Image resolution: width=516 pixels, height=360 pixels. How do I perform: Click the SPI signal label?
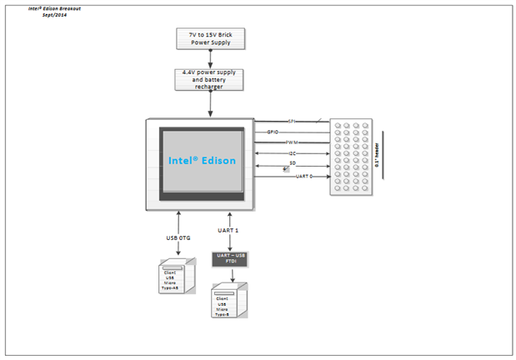pyautogui.click(x=291, y=122)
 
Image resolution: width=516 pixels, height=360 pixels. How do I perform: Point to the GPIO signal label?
pyautogui.click(x=273, y=132)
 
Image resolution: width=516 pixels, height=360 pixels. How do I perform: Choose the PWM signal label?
pyautogui.click(x=292, y=143)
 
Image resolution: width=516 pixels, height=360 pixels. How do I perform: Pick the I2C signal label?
pyautogui.click(x=292, y=154)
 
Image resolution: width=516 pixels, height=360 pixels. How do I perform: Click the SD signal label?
pyautogui.click(x=292, y=164)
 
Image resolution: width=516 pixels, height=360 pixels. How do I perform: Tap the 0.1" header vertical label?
pyautogui.click(x=377, y=154)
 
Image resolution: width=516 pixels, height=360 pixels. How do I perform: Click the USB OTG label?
pyautogui.click(x=178, y=238)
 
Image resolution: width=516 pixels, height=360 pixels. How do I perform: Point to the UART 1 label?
pyautogui.click(x=228, y=229)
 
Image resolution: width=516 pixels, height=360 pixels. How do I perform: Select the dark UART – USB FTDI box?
pyautogui.click(x=229, y=259)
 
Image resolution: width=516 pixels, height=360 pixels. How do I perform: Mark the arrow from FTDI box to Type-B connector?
pyautogui.click(x=229, y=275)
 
